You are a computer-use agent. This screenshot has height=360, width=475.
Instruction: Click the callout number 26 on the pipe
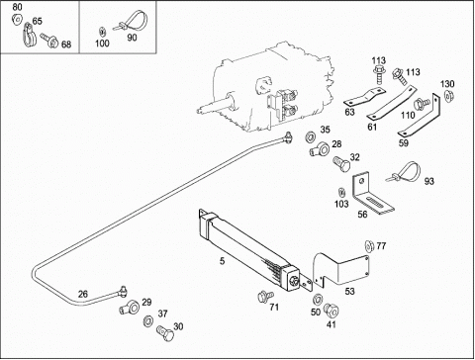click(x=83, y=294)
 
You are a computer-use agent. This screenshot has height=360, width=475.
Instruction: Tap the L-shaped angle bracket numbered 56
click(x=372, y=195)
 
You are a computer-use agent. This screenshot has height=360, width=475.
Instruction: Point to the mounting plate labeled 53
click(x=340, y=269)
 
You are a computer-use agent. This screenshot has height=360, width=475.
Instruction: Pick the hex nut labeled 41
click(x=332, y=311)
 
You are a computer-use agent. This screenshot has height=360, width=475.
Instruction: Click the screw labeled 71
click(x=265, y=296)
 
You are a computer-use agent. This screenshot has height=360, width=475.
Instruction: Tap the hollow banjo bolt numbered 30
click(x=165, y=332)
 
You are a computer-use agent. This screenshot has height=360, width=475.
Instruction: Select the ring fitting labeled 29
click(x=130, y=308)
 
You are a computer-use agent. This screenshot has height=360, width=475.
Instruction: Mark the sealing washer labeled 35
click(x=311, y=135)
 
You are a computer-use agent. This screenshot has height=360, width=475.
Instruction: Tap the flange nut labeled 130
click(x=448, y=95)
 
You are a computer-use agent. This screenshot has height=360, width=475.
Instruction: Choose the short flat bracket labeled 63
click(x=365, y=97)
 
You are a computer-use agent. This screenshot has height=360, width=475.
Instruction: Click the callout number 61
click(x=372, y=127)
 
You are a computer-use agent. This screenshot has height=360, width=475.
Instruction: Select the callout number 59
click(x=403, y=143)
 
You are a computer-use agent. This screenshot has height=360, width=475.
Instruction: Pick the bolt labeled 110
click(x=422, y=104)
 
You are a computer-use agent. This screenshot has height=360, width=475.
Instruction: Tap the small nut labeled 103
click(x=342, y=192)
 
